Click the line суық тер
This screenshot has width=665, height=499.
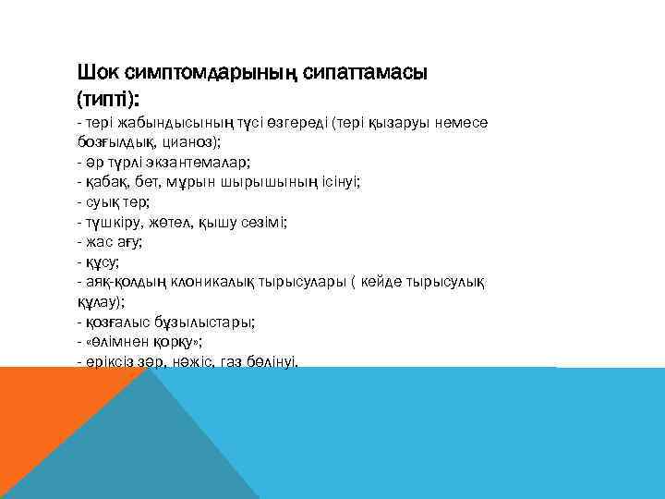pos(115,202)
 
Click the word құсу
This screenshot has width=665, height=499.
pos(101,262)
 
